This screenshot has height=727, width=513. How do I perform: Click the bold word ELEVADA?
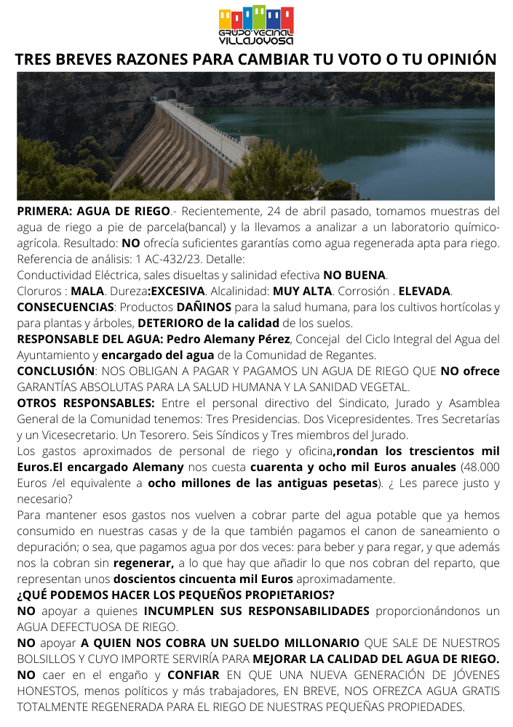coord(425,291)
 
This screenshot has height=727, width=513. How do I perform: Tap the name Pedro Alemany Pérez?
coord(228,339)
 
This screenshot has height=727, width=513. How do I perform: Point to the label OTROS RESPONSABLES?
coord(86,403)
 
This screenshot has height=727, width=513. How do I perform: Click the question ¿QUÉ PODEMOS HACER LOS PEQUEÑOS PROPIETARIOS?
coord(175,595)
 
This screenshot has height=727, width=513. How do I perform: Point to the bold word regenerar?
coord(143,563)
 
